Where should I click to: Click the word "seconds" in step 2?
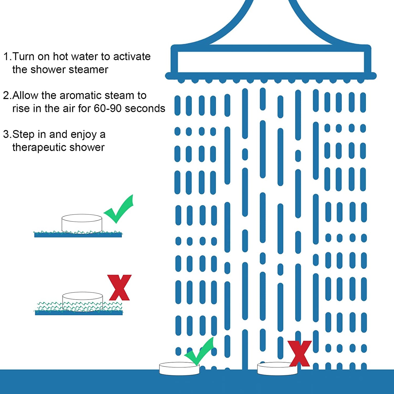[x=145, y=108]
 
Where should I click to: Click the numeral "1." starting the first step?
[x=8, y=57]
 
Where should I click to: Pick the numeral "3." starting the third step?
[x=8, y=134]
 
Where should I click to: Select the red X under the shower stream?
[x=300, y=354]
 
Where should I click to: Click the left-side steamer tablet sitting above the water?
[x=82, y=224]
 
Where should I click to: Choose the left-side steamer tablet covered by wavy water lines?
[x=82, y=302]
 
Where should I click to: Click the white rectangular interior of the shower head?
[x=271, y=62]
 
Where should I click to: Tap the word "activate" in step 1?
[x=132, y=56]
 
